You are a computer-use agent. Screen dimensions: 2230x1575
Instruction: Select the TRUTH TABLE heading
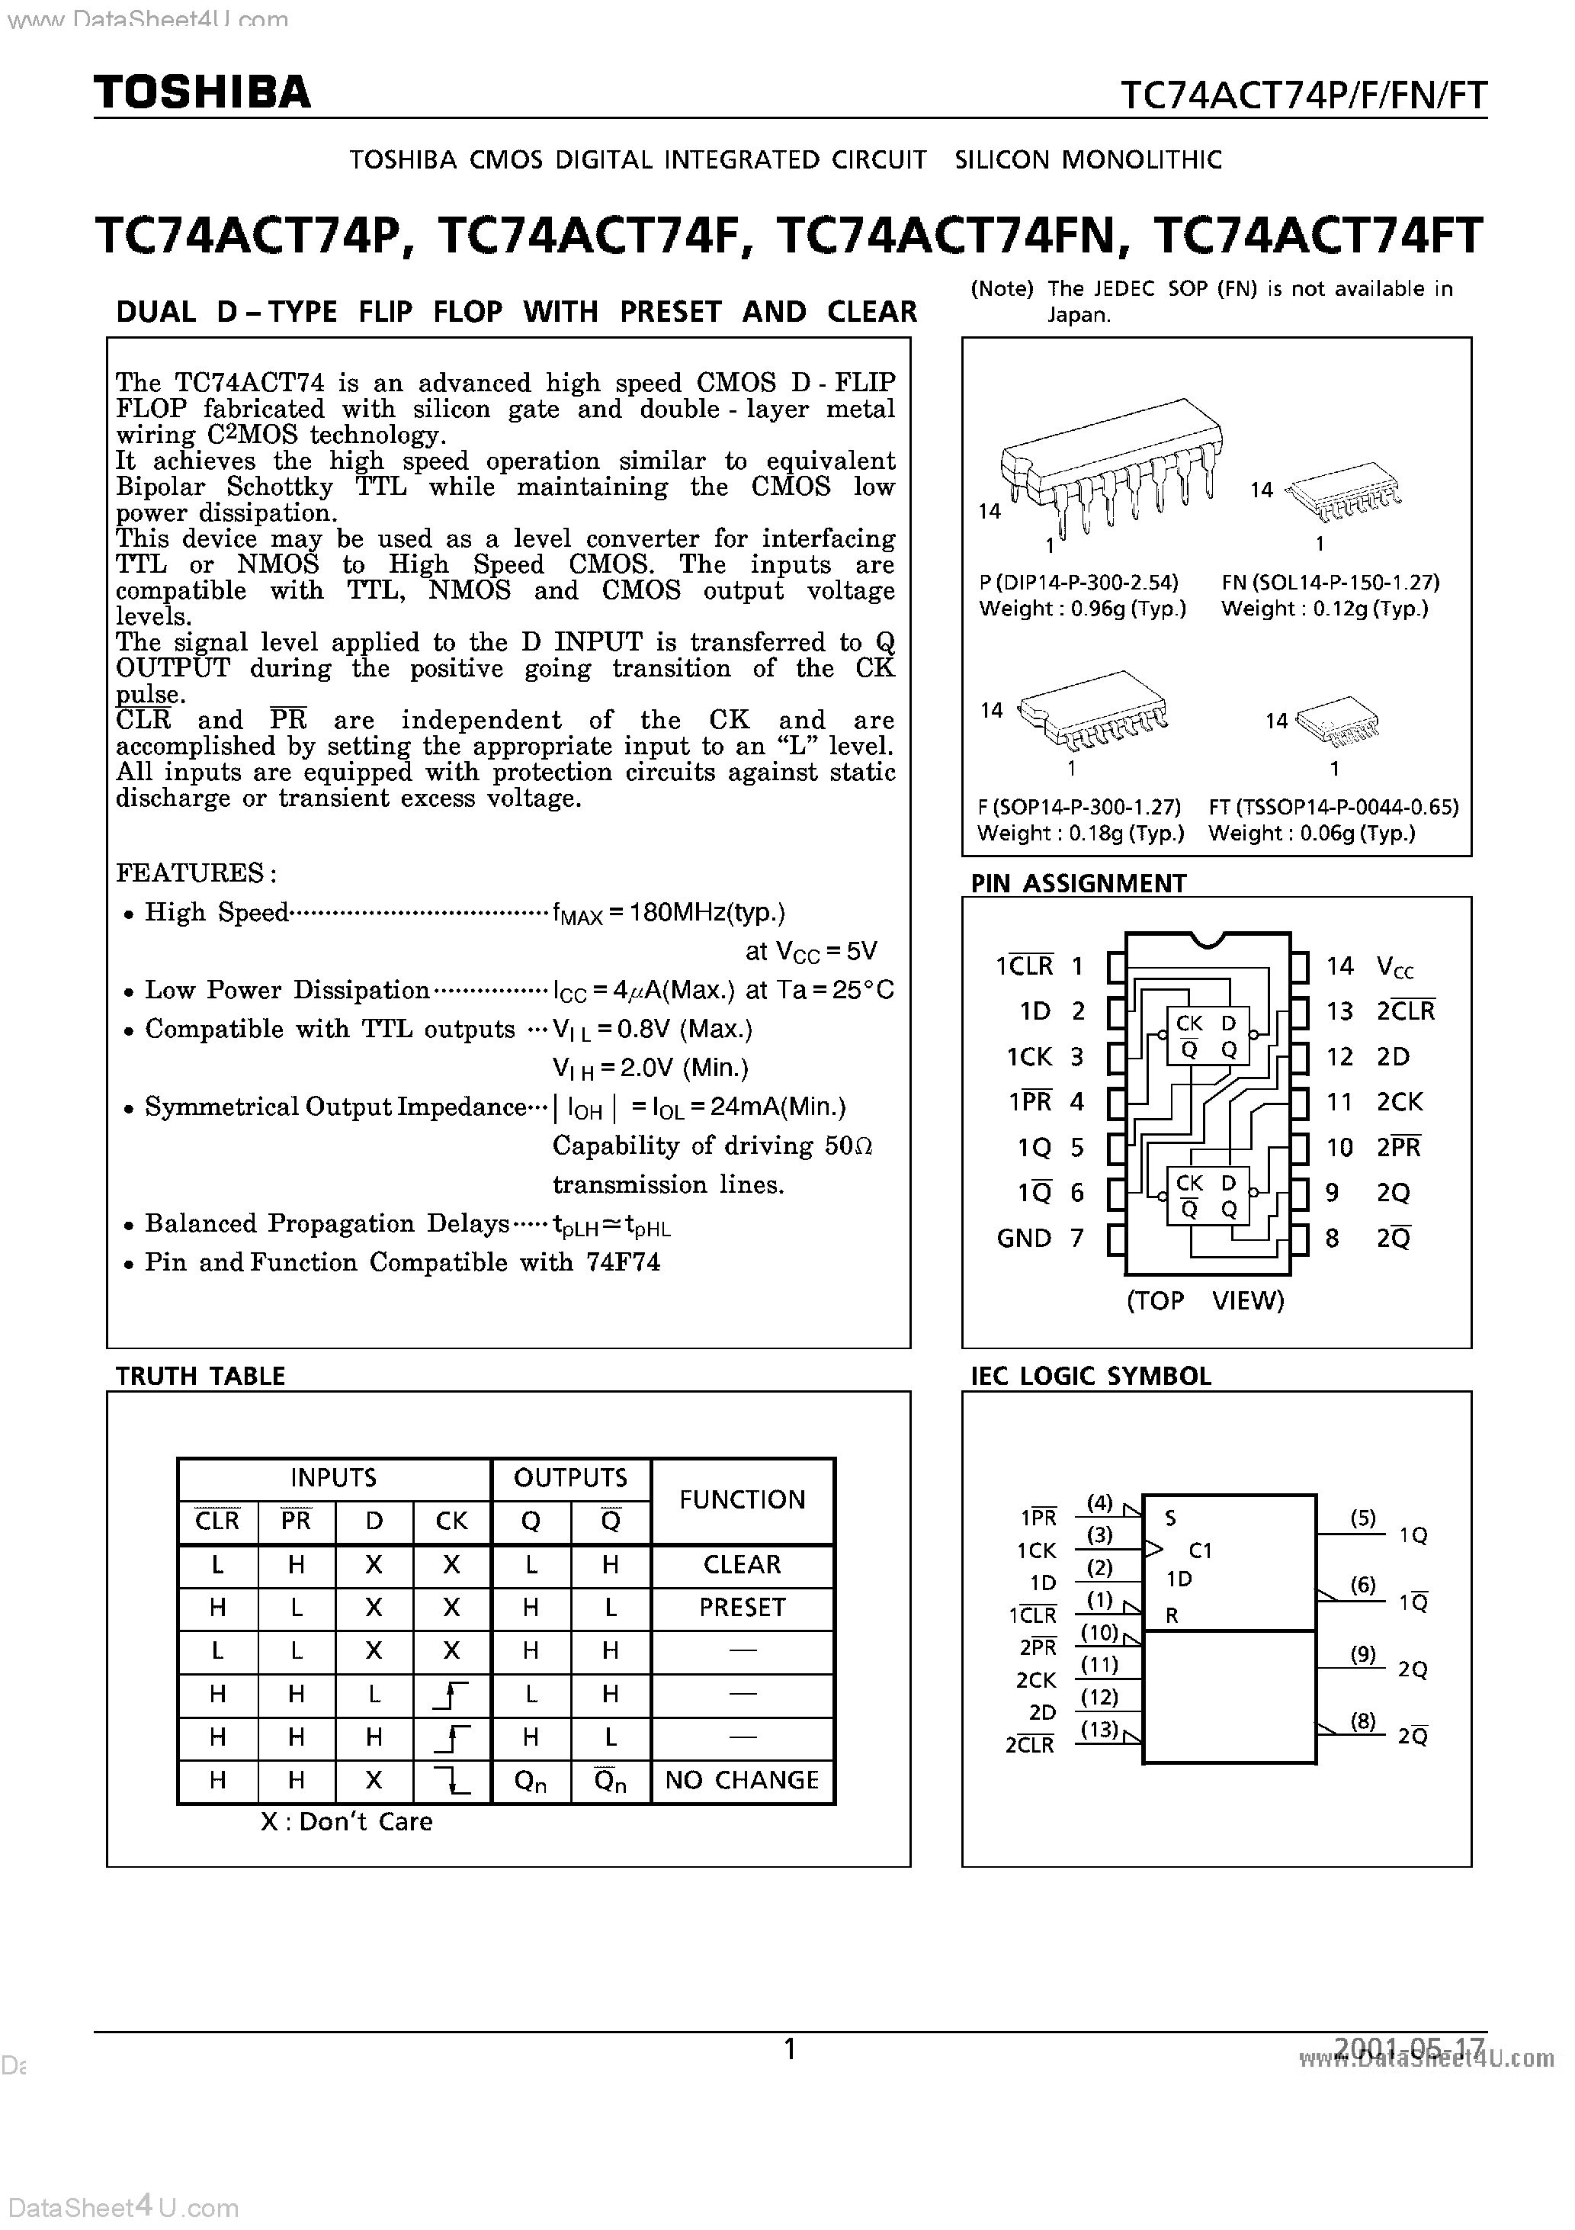pyautogui.click(x=200, y=1377)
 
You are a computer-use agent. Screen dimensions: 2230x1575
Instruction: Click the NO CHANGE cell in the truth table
pyautogui.click(x=742, y=1780)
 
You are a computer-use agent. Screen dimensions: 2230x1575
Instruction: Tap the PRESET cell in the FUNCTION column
pyautogui.click(x=742, y=1608)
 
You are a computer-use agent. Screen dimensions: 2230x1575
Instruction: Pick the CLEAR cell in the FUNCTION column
pyautogui.click(x=742, y=1565)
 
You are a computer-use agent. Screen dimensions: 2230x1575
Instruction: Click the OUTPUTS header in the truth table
pyautogui.click(x=570, y=1478)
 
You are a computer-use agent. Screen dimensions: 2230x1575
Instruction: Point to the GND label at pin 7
pyautogui.click(x=1024, y=1239)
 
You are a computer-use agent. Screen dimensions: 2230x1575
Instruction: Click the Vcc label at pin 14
pyautogui.click(x=1395, y=966)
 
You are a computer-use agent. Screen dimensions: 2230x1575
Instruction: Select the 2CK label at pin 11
pyautogui.click(x=1399, y=1102)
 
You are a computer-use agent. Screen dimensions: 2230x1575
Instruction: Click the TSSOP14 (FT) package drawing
pyautogui.click(x=1339, y=721)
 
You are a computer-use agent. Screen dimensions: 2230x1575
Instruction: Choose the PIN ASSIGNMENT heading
pyautogui.click(x=1078, y=883)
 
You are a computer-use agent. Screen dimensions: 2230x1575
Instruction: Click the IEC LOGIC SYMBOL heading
pyautogui.click(x=1090, y=1377)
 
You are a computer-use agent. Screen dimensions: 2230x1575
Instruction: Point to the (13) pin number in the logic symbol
pyautogui.click(x=1099, y=1729)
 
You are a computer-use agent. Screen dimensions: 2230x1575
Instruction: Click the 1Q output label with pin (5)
pyautogui.click(x=1413, y=1535)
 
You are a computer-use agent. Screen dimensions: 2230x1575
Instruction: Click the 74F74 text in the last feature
pyautogui.click(x=622, y=1263)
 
